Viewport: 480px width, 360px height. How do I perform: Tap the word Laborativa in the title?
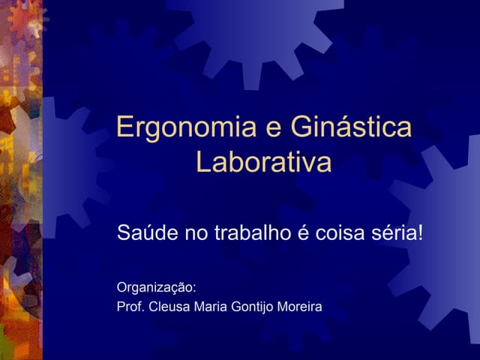pyautogui.click(x=263, y=162)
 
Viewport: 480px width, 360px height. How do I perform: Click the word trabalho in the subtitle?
pyautogui.click(x=251, y=233)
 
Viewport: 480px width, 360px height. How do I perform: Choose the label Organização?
pyautogui.click(x=157, y=287)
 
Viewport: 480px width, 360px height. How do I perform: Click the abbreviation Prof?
pyautogui.click(x=130, y=307)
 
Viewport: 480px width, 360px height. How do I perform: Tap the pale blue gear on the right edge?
pyautogui.click(x=446, y=232)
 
